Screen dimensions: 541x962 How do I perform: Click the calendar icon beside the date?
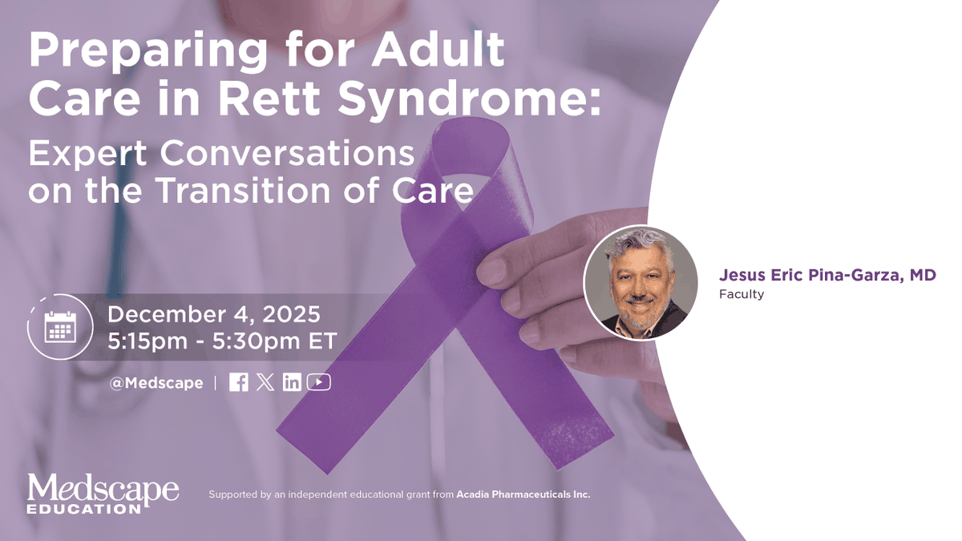click(60, 326)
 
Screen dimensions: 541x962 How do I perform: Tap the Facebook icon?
click(238, 382)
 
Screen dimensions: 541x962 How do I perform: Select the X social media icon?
click(265, 382)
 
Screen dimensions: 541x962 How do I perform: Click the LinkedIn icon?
click(292, 382)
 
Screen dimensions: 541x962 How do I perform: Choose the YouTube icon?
click(319, 382)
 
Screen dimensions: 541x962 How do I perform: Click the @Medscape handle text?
click(156, 383)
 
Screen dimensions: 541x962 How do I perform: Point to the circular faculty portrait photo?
click(641, 283)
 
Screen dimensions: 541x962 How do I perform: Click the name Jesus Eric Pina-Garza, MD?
click(827, 275)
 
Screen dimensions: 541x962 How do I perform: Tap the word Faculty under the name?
click(742, 295)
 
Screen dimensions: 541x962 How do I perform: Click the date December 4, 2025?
click(214, 313)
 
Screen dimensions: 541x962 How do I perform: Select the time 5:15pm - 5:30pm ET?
click(222, 341)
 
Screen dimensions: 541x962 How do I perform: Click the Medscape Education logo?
click(103, 493)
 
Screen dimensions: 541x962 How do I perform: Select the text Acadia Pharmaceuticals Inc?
click(523, 495)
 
